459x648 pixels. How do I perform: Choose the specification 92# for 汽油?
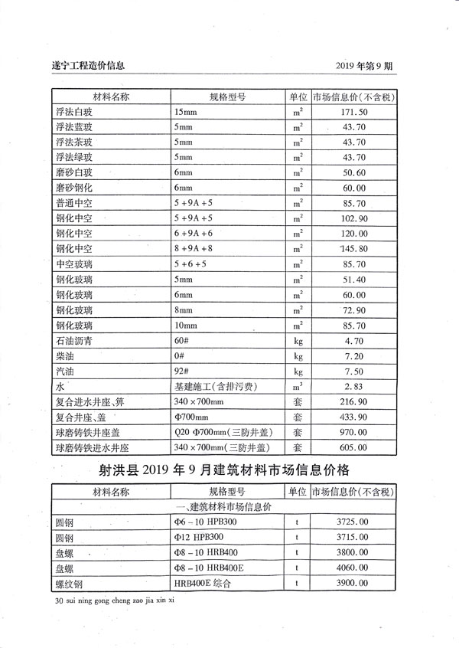pos(181,372)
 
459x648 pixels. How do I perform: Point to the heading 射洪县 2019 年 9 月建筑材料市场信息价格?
pos(229,470)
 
